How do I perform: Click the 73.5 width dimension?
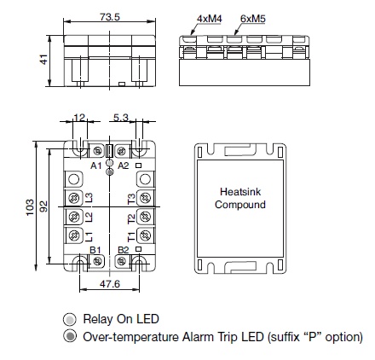point(110,17)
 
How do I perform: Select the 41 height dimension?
point(43,60)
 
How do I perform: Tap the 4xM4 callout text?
point(210,19)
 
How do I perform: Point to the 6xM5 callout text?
point(253,19)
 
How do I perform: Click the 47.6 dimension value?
point(110,283)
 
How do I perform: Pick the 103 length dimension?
point(30,207)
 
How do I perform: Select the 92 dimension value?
point(43,206)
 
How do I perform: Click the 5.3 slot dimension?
point(121,118)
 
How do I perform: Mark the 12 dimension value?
point(79,118)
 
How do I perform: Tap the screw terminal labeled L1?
point(74,235)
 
